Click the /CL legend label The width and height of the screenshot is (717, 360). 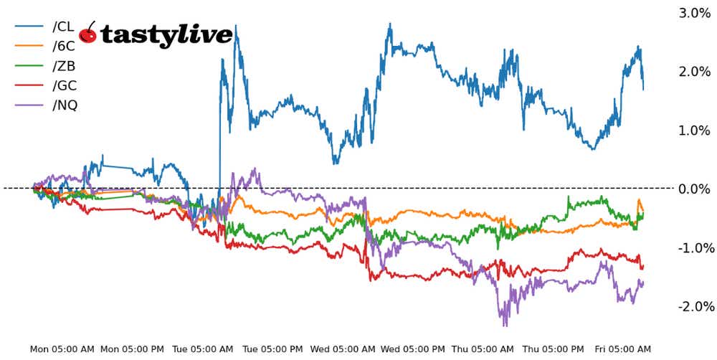click(64, 27)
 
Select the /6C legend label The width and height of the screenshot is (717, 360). click(64, 47)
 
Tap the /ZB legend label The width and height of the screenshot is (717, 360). click(64, 66)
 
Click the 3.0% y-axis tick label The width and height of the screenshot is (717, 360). click(695, 13)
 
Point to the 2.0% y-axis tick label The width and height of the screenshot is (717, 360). click(695, 72)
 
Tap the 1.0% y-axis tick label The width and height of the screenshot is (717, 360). click(695, 131)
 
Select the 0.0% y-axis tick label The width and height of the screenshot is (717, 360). click(695, 189)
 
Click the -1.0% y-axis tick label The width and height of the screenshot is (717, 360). click(693, 248)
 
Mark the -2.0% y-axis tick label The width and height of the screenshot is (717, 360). click(693, 307)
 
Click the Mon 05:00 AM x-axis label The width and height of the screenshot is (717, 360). click(62, 349)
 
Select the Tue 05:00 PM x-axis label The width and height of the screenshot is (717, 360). click(272, 349)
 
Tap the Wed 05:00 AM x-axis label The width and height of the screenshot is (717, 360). click(343, 349)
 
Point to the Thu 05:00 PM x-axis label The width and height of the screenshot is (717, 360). click(554, 349)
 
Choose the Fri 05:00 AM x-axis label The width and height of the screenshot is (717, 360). click(622, 349)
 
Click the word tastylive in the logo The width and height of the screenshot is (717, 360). click(166, 34)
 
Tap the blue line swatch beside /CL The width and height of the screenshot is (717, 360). click(31, 27)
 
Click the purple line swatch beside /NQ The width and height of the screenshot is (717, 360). click(31, 105)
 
